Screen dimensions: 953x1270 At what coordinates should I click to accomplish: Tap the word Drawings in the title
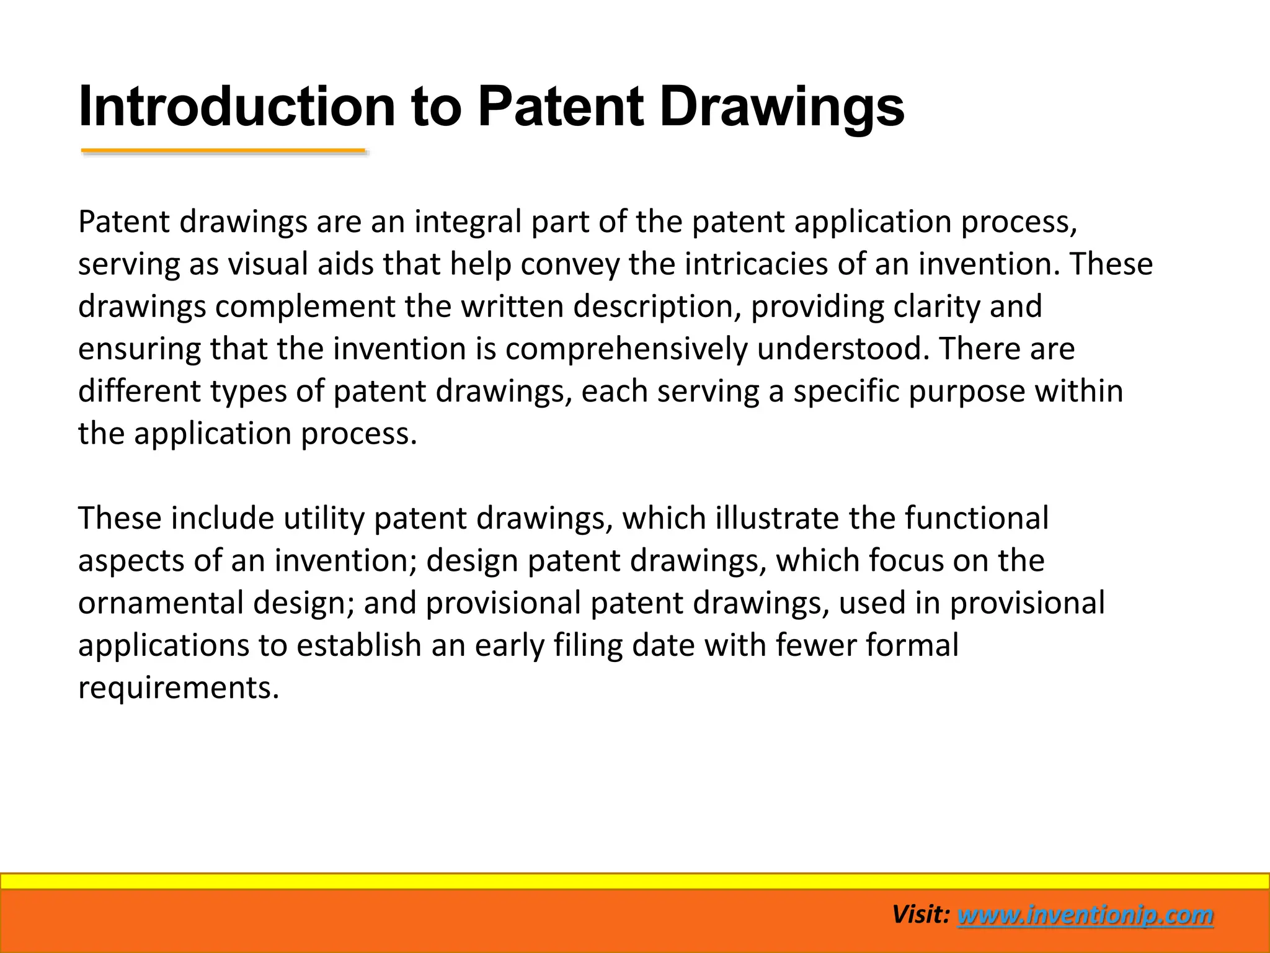click(x=781, y=107)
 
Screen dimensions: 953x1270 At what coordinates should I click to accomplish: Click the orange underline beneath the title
click(x=223, y=151)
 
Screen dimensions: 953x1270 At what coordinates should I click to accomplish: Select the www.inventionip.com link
click(x=1085, y=915)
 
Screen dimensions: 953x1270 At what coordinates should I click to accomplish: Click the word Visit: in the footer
click(x=921, y=915)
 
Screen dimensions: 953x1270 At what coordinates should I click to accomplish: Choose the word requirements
click(x=179, y=688)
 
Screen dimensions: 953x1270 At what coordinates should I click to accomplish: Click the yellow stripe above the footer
click(x=635, y=881)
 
